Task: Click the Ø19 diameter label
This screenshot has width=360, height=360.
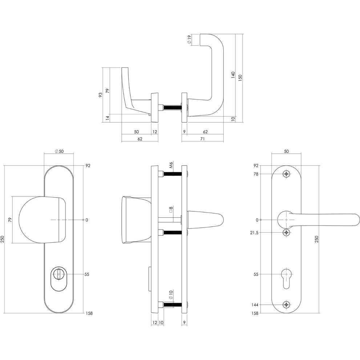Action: point(189,40)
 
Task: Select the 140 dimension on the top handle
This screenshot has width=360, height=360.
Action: point(233,75)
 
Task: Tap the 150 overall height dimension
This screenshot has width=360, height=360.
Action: point(240,78)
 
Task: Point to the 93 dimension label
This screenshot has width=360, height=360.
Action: point(100,95)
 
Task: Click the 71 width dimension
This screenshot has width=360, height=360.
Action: point(202,139)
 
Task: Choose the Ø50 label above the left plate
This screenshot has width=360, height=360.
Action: point(59,151)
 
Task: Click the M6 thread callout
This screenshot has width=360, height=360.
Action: point(171,165)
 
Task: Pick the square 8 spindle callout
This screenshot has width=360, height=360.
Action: point(171,209)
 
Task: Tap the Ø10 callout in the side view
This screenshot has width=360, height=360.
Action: point(170,295)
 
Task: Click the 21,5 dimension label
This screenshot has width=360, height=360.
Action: point(254,233)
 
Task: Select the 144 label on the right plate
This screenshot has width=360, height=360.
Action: point(255,305)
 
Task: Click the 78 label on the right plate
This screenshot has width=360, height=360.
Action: point(256,174)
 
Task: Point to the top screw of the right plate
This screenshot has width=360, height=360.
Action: point(286,174)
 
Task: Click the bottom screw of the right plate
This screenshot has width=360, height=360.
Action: point(286,305)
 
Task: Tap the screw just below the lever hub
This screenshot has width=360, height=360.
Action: point(286,232)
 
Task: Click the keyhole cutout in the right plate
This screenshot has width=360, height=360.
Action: point(286,278)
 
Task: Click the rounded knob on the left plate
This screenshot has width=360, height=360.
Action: point(42,220)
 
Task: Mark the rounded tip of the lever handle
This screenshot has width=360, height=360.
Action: point(357,220)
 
